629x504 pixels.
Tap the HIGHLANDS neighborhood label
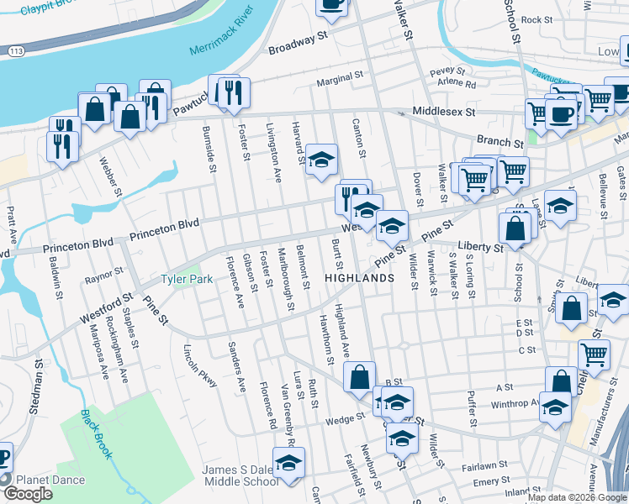[360, 278]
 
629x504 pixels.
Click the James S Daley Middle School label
[240, 475]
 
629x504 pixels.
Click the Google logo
[28, 494]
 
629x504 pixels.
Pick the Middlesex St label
[443, 111]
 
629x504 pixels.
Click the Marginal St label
[339, 81]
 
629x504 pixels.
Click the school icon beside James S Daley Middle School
[289, 464]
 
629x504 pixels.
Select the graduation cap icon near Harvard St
[320, 160]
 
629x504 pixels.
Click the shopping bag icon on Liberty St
[514, 227]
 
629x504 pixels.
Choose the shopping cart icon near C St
[594, 354]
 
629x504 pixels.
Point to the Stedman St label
[38, 379]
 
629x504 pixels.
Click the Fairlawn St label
[482, 464]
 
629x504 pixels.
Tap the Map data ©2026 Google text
[577, 496]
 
